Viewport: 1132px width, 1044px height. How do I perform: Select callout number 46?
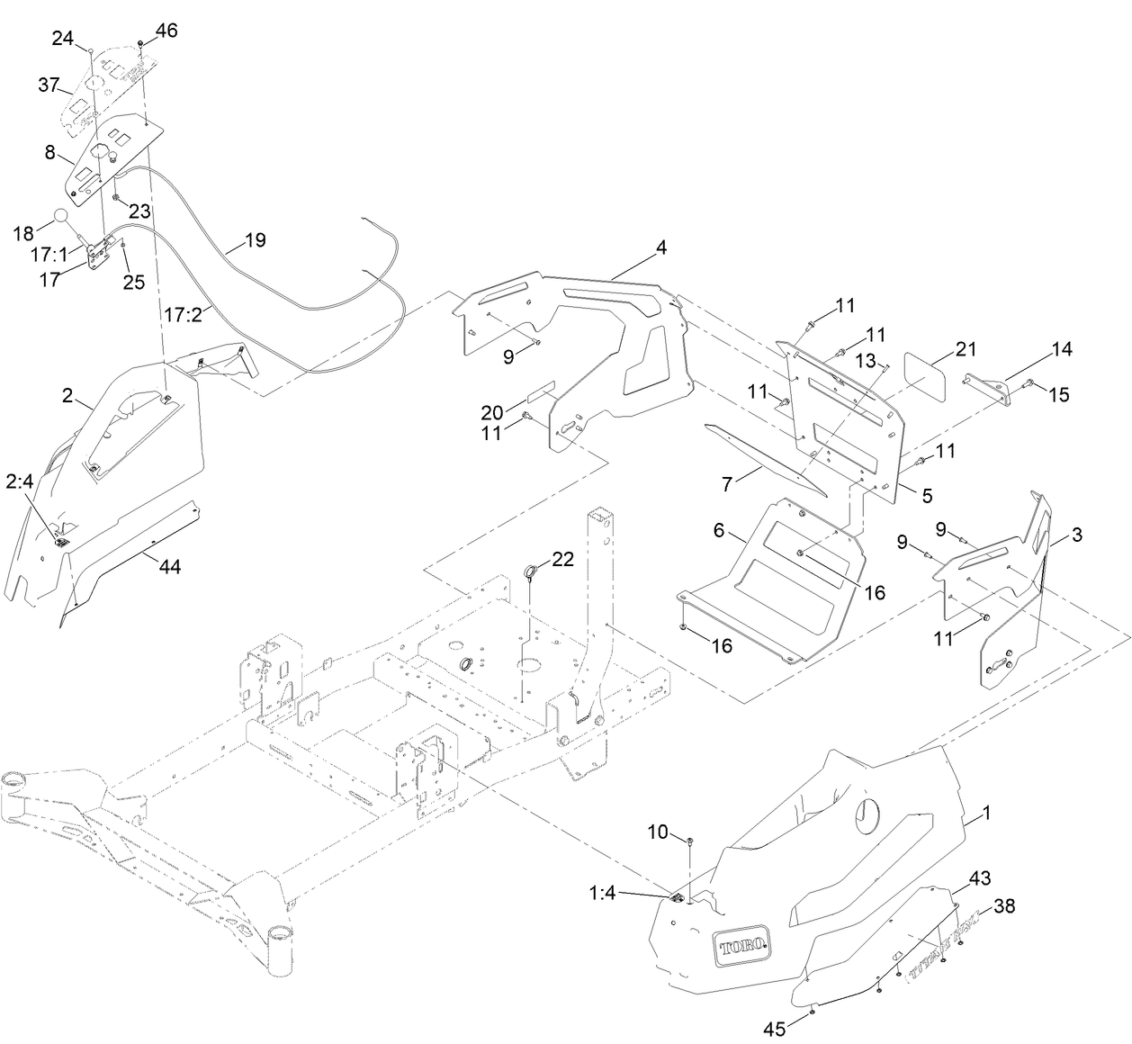(166, 30)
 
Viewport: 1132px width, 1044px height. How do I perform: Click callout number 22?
(562, 559)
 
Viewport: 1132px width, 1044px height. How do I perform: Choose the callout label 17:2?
(183, 314)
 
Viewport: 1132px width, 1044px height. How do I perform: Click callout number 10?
(659, 832)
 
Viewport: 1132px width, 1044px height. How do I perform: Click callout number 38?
(1003, 906)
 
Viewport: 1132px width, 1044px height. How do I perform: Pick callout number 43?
(980, 877)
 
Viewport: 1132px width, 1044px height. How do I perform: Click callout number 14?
(1061, 348)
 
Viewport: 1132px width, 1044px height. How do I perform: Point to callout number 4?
(661, 247)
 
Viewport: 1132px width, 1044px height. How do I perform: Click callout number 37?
(49, 85)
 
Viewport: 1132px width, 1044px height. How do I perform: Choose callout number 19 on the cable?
(255, 240)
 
